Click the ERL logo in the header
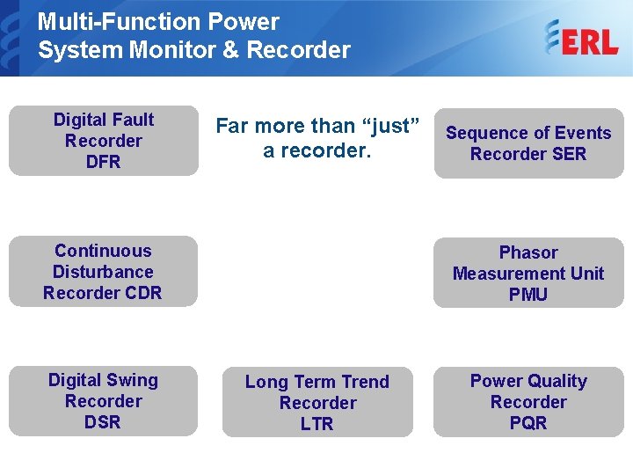(581, 40)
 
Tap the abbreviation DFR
(103, 163)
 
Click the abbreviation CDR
(142, 294)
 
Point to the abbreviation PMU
(527, 296)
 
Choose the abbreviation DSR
(103, 423)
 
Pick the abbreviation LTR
(316, 425)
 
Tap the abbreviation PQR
(527, 424)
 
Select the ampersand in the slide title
(230, 50)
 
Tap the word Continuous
(103, 252)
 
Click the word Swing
(132, 381)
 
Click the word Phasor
(527, 253)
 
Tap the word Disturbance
(103, 273)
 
